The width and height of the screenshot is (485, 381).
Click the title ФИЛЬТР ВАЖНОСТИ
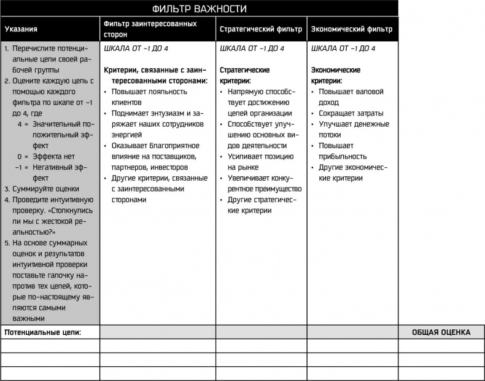tap(200, 9)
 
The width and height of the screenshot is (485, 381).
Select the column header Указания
tap(21, 29)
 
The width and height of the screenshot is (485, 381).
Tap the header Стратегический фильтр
tap(261, 29)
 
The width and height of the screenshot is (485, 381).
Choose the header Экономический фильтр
tap(352, 29)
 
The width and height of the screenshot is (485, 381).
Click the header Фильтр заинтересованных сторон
tap(150, 29)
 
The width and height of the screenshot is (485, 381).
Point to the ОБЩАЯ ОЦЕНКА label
tap(441, 332)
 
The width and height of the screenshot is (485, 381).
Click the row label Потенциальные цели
tap(43, 332)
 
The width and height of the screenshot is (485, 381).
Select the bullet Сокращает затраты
tap(351, 113)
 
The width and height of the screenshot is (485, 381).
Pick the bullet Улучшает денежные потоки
tap(354, 130)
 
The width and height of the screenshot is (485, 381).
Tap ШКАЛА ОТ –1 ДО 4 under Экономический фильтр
tap(344, 49)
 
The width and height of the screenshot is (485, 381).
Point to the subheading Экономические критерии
tap(336, 76)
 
